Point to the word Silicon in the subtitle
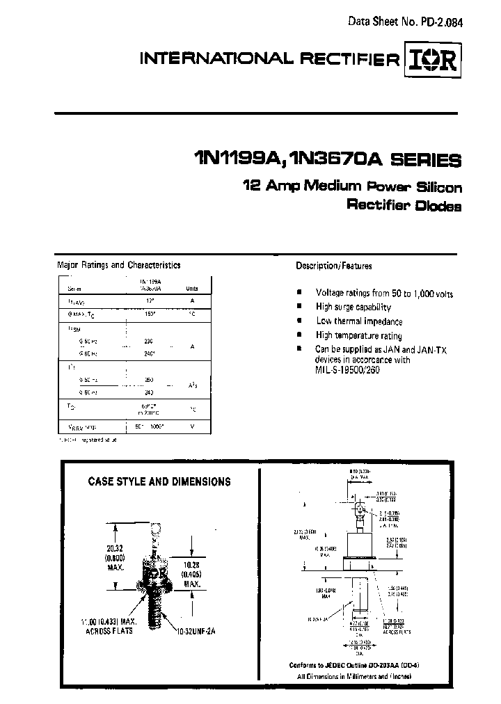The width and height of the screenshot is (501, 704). tap(436, 187)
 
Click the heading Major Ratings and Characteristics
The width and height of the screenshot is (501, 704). tap(118, 265)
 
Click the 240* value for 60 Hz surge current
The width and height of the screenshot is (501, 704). tap(148, 353)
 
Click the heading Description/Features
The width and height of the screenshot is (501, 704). tap(334, 266)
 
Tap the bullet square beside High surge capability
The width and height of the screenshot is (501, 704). tap(299, 307)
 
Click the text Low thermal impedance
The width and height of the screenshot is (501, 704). tap(359, 321)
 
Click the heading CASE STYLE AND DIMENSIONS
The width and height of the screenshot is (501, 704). tap(159, 481)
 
